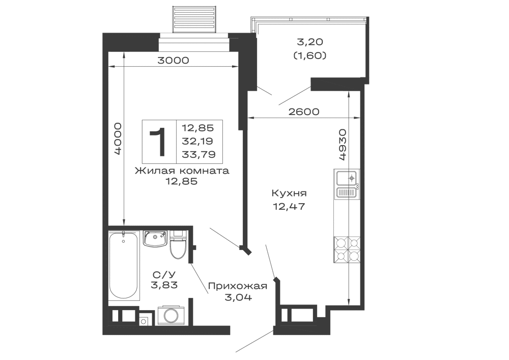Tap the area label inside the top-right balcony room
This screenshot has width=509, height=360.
[x=311, y=49]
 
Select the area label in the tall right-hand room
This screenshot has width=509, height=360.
[x=289, y=199]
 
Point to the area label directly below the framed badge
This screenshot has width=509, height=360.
[x=182, y=179]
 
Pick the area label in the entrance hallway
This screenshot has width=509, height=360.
[x=238, y=291]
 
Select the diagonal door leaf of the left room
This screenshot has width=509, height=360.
[x=229, y=240]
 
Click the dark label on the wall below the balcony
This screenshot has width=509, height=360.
[x=303, y=109]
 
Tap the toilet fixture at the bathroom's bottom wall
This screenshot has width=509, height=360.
[x=173, y=312]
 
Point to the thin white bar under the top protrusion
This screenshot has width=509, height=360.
[x=195, y=47]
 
